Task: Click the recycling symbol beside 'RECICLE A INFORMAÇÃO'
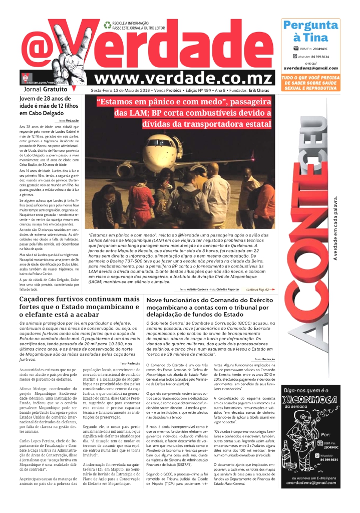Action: [107, 25]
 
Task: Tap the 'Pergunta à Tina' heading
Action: [310, 31]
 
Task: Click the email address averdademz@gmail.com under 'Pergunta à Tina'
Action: [310, 68]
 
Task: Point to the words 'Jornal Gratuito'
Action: [40, 90]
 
